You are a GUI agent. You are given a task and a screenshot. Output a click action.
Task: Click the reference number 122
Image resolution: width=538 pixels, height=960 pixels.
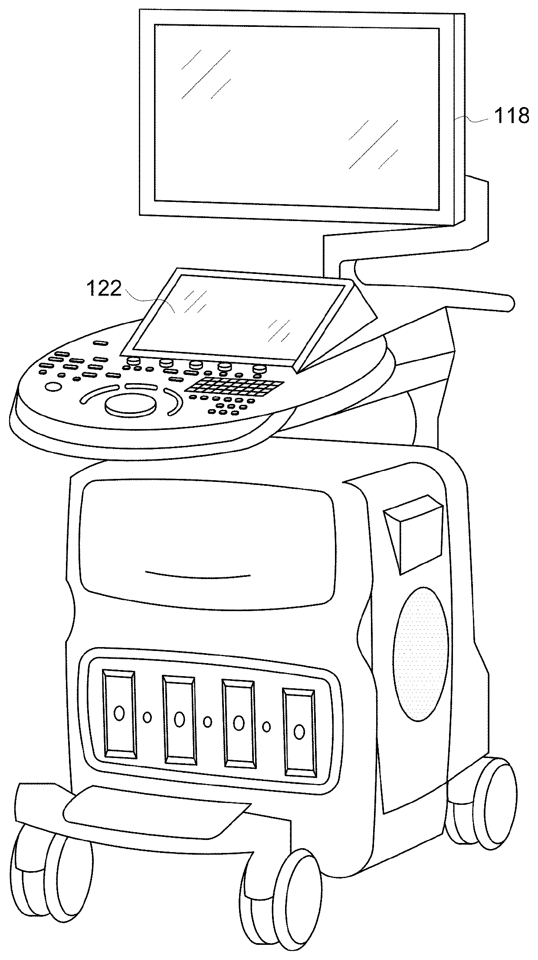click(104, 288)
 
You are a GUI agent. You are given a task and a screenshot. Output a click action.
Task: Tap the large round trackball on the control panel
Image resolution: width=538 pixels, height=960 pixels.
click(130, 404)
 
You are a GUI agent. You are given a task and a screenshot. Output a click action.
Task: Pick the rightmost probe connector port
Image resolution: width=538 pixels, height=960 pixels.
click(299, 731)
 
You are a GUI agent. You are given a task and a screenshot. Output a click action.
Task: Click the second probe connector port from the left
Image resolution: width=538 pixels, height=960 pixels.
click(179, 719)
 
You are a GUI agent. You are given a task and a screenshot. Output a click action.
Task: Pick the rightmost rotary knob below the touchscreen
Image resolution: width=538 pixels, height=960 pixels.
click(259, 369)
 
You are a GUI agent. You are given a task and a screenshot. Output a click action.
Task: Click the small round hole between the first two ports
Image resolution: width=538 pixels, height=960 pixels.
click(148, 717)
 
